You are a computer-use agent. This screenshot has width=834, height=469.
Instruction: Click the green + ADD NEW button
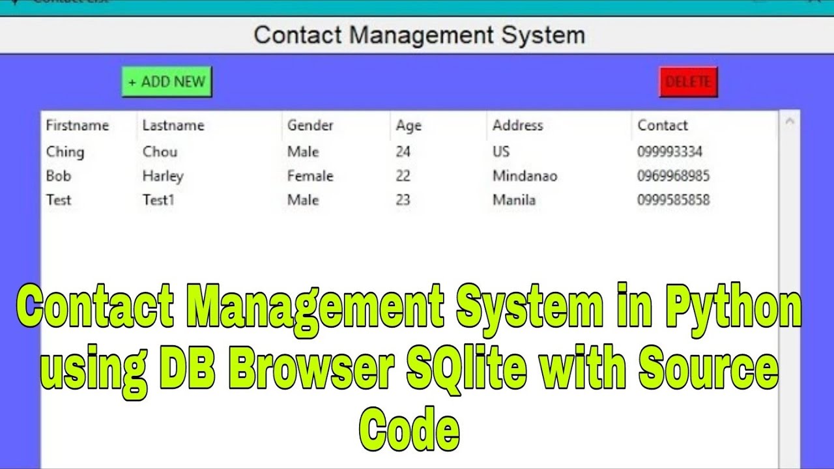(167, 82)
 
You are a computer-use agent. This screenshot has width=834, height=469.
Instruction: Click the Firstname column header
(77, 125)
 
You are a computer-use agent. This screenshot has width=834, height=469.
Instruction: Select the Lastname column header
(173, 125)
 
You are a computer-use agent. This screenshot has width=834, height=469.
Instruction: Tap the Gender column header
(310, 125)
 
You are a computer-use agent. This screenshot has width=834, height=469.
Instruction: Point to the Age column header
(409, 125)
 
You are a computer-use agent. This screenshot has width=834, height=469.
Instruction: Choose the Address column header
(517, 125)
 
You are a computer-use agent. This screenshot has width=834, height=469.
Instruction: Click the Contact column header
(662, 125)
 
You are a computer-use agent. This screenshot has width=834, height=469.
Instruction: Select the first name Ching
(65, 152)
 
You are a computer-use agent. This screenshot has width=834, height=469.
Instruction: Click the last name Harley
(163, 176)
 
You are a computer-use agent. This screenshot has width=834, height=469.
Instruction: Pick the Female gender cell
(310, 176)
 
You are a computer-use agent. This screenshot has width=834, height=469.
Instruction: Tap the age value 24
(403, 152)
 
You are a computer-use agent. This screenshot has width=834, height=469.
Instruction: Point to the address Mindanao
(525, 176)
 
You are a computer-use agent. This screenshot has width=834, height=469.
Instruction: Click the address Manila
(513, 200)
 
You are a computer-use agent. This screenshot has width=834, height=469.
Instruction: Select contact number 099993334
(670, 152)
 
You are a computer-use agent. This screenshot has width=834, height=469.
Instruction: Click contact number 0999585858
(673, 200)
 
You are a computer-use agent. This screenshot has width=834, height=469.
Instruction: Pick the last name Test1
(158, 200)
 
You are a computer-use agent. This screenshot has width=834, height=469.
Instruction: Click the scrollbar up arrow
(790, 121)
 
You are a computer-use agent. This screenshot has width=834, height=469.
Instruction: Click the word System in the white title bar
(543, 35)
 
